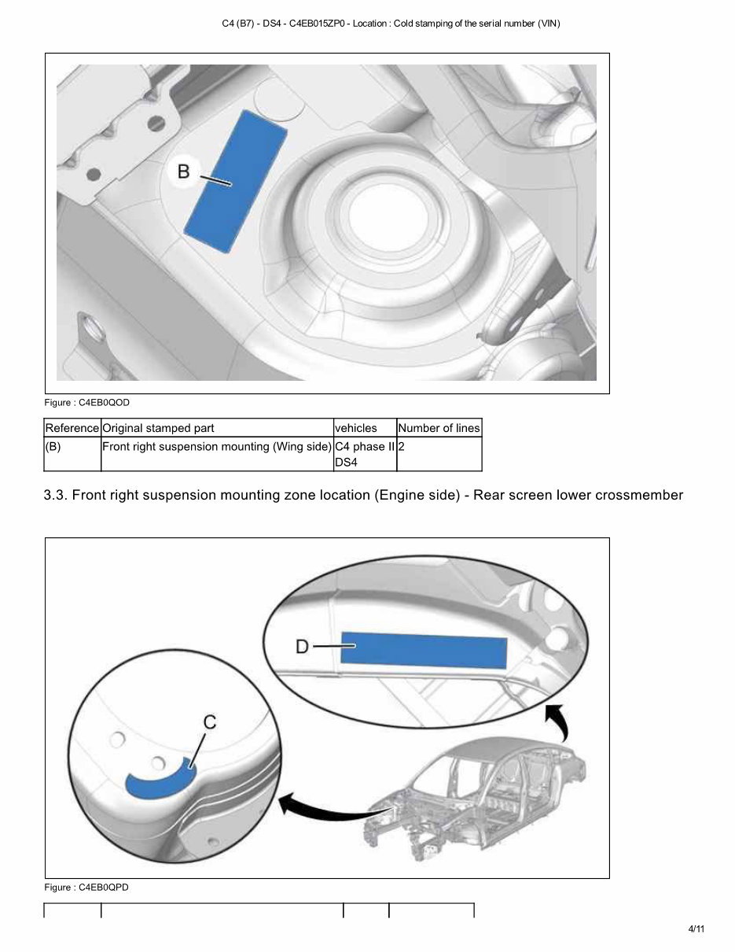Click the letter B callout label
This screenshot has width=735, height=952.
(x=183, y=171)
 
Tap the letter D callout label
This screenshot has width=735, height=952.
(x=302, y=647)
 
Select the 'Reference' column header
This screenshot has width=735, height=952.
(x=72, y=428)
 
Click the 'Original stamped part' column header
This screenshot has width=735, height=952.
(x=159, y=428)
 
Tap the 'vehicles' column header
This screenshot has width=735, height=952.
(x=356, y=428)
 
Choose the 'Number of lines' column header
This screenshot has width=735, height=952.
(x=439, y=428)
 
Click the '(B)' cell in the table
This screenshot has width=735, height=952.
(x=53, y=447)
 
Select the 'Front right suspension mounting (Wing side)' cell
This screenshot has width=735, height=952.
(x=217, y=447)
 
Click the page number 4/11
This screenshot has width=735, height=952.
(x=696, y=929)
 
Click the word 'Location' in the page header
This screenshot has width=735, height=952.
(x=369, y=24)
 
